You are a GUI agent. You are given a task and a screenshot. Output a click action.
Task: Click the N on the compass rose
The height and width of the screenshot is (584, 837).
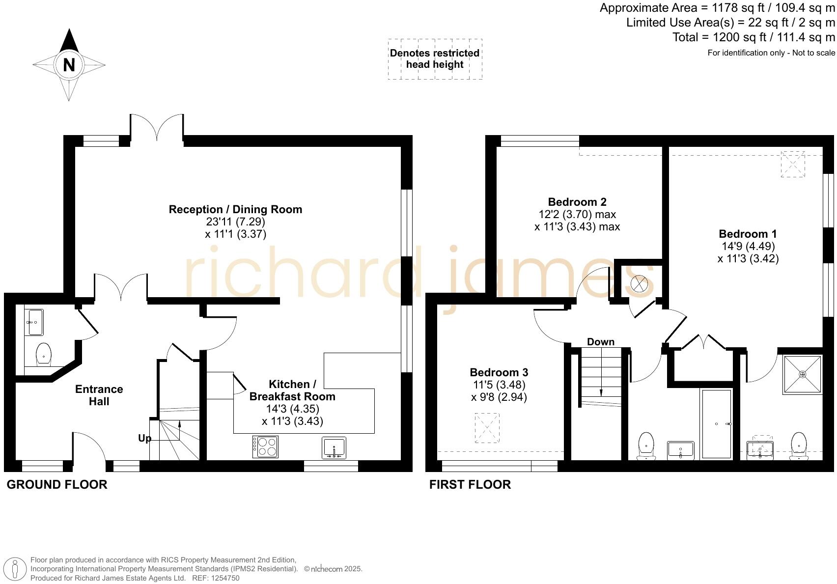69,65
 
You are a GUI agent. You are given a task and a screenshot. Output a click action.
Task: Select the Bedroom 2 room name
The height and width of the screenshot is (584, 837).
577,202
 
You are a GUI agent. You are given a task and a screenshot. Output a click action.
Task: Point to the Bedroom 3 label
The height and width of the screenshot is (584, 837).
499,372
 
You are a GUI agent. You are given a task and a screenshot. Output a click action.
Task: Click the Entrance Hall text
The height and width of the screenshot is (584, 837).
99,395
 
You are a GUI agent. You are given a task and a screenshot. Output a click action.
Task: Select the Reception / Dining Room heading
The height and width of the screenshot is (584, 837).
235,209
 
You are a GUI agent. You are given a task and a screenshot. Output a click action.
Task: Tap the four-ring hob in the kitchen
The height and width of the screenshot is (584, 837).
265,446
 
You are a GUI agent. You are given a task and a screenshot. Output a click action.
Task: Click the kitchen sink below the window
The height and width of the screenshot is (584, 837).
334,447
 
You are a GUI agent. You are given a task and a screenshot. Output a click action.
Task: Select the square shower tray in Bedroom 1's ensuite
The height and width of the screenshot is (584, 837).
802,374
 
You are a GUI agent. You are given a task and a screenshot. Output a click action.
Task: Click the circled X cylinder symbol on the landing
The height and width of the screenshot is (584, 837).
640,284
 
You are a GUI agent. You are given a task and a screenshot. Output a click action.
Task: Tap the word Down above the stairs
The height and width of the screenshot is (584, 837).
600,342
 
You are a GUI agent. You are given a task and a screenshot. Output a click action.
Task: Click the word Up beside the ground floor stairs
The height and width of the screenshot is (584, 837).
144,438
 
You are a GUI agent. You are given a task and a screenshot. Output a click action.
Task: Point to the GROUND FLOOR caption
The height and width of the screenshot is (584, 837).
57,484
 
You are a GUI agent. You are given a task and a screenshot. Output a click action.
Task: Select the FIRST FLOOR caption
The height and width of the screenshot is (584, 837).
470,484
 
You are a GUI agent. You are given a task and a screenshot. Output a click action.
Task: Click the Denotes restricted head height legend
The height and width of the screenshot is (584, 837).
435,59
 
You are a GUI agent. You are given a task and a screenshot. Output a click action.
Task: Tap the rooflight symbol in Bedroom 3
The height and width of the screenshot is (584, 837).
487,428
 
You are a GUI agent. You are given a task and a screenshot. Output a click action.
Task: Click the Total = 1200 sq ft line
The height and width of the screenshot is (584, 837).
753,37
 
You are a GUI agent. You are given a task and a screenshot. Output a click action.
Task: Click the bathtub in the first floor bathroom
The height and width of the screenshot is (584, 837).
717,423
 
